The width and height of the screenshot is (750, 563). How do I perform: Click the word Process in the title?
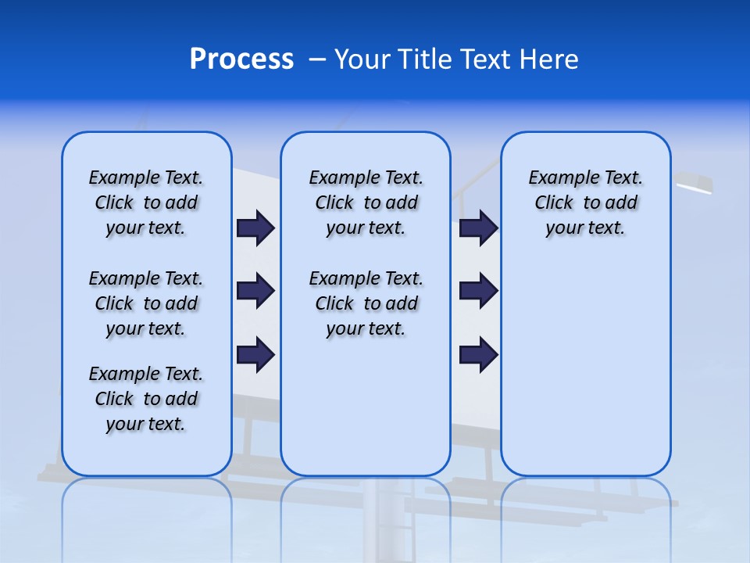[241, 59]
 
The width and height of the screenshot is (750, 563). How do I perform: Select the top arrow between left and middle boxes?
[255, 228]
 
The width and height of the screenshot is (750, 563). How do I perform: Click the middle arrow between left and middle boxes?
[255, 291]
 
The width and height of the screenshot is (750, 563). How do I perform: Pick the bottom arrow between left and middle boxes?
[255, 355]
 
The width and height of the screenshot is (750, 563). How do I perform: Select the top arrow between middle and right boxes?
[478, 228]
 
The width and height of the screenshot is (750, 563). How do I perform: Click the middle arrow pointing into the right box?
[478, 291]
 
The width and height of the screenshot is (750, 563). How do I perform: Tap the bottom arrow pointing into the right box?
[478, 355]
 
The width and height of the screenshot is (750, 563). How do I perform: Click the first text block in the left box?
[146, 203]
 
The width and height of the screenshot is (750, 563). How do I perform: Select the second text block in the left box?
[146, 303]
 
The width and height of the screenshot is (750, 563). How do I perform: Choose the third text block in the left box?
[146, 399]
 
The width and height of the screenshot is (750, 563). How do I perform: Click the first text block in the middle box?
[366, 203]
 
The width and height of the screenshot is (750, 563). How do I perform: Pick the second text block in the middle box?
[366, 303]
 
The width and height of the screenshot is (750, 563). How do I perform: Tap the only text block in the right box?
[585, 203]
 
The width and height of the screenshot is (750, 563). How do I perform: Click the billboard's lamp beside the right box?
[694, 184]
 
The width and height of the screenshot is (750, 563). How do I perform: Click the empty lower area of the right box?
[585, 375]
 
